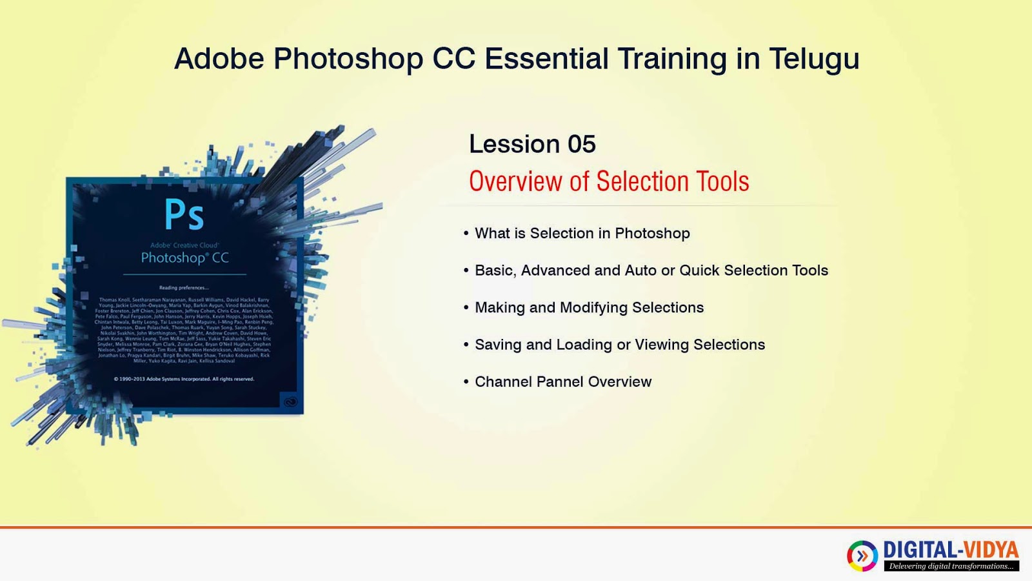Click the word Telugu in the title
[814, 59]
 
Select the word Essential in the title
[546, 59]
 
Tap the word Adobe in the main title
[219, 59]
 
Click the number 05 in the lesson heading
[581, 144]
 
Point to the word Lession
[514, 144]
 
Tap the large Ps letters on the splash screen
[184, 215]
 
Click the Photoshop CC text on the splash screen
[184, 258]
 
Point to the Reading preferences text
[184, 288]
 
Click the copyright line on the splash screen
[184, 379]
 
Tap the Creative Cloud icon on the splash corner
[290, 402]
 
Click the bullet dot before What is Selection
[466, 233]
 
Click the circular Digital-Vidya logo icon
[862, 556]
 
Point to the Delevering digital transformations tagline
[951, 566]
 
